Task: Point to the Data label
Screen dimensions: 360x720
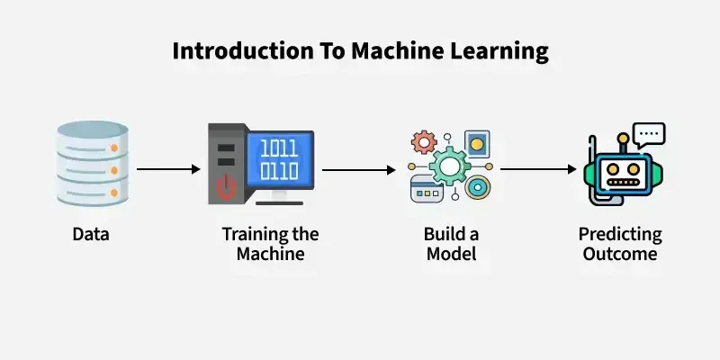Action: tap(90, 236)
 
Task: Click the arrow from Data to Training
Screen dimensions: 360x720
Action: tap(168, 168)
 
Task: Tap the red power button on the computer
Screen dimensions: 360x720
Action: tap(226, 186)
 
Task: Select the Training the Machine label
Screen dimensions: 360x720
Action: tap(270, 244)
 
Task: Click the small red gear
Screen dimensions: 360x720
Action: tap(423, 142)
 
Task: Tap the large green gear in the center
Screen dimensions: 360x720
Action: tap(450, 167)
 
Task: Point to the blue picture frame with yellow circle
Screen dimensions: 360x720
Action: tap(477, 144)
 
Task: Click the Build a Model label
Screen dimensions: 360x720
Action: tap(451, 244)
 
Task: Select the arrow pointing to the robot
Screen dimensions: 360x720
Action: tap(538, 168)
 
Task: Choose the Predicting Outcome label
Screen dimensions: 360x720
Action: tap(619, 244)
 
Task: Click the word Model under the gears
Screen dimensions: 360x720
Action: tap(451, 254)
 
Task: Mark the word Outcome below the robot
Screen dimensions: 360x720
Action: tap(619, 254)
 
